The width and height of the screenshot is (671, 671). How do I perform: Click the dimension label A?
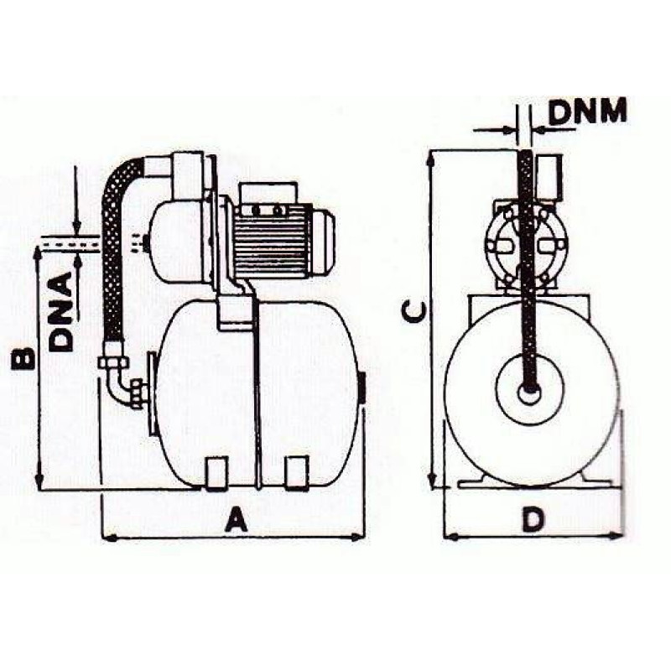[237, 522]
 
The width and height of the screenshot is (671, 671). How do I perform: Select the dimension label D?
[531, 520]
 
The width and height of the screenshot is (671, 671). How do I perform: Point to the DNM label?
[588, 112]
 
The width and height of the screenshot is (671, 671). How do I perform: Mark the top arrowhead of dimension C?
[432, 158]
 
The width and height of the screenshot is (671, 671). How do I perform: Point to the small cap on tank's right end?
[362, 387]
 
